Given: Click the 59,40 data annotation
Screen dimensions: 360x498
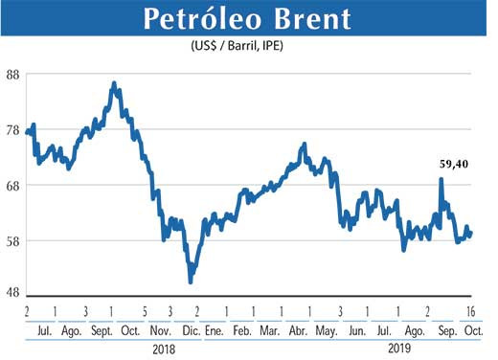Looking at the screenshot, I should [449, 165].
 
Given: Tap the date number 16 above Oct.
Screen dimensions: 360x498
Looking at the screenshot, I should [472, 311].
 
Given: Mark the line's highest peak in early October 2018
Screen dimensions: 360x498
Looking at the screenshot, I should [114, 84].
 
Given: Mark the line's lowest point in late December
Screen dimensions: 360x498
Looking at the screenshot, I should [191, 281].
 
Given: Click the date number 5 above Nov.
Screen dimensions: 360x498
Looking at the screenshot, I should [144, 311].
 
